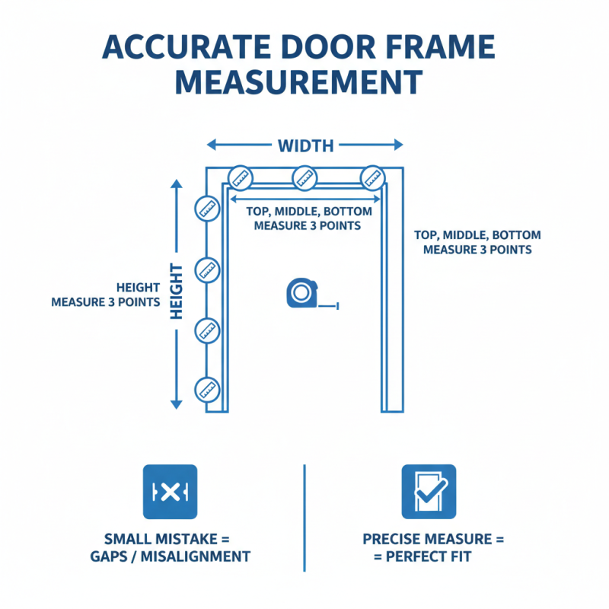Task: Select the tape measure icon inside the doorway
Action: pos(302,294)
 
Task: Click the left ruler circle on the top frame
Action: pos(241,177)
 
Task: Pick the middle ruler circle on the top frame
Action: pos(304,177)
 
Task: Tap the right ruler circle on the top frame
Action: pos(372,177)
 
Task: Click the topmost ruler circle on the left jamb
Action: pos(207,207)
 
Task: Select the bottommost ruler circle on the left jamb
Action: pos(207,389)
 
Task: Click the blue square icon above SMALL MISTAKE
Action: pos(170,492)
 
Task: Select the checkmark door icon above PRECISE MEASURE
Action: pos(429,492)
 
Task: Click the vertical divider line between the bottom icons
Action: pos(304,518)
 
